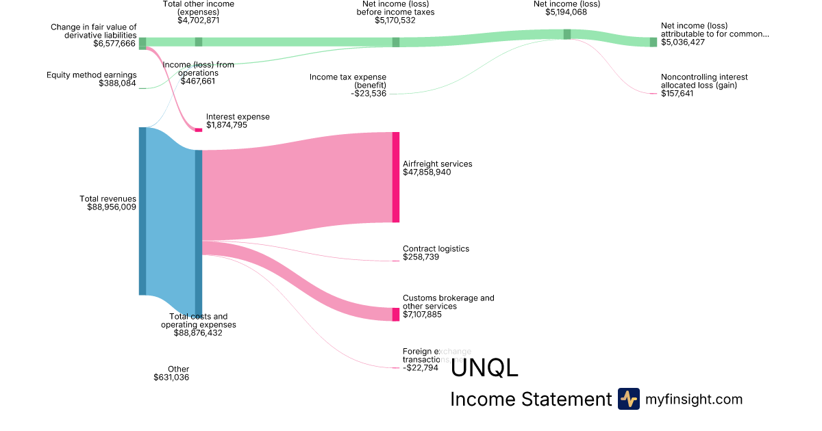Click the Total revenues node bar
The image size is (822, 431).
click(x=142, y=211)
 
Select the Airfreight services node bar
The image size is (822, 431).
click(x=396, y=177)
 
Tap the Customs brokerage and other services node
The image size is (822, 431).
click(x=396, y=314)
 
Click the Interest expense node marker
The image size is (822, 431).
click(x=199, y=129)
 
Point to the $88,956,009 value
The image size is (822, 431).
click(x=112, y=207)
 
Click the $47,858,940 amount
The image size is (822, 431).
click(x=427, y=172)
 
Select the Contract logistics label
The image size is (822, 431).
click(x=436, y=249)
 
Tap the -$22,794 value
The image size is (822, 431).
click(x=420, y=367)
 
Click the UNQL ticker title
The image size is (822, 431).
click(x=484, y=368)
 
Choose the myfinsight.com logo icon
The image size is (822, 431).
click(x=628, y=399)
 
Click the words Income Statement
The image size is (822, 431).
click(x=530, y=400)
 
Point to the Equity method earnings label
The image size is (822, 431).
click(x=91, y=75)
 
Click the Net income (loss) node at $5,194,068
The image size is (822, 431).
click(x=567, y=34)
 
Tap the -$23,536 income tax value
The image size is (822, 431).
click(x=368, y=93)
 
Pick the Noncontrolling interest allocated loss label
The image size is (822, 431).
click(x=704, y=81)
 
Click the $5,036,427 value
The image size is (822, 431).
click(x=683, y=42)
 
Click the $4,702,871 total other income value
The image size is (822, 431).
click(x=198, y=21)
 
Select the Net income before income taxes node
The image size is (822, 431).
click(x=396, y=42)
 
